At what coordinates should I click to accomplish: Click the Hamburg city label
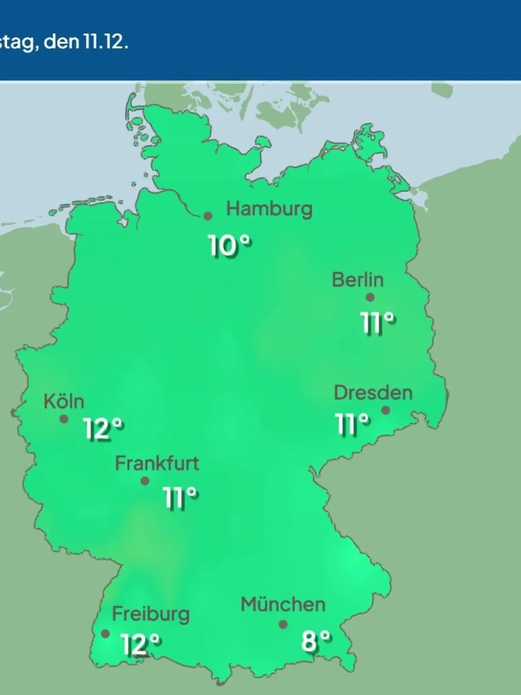coord(269,209)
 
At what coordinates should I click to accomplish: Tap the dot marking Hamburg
coord(208,216)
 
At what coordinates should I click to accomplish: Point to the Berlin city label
coord(358,279)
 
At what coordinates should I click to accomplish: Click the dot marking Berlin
coord(370,298)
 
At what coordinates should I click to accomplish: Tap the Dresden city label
coord(373,393)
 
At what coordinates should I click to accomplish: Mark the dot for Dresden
coord(385,410)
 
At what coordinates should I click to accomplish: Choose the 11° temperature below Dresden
coord(352,424)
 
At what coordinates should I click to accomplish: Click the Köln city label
coord(64,401)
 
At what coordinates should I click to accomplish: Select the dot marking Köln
coord(64,419)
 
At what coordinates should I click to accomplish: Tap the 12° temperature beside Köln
coord(103,429)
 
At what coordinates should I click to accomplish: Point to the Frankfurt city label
coord(157,463)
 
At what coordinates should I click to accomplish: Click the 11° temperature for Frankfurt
coord(181,498)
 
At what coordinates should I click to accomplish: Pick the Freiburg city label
coord(151,614)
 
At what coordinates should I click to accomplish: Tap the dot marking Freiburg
coord(105,634)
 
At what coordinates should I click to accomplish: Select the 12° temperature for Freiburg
coord(140,644)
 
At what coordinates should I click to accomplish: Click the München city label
coord(283,604)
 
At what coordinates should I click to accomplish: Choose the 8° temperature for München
coord(316,640)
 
